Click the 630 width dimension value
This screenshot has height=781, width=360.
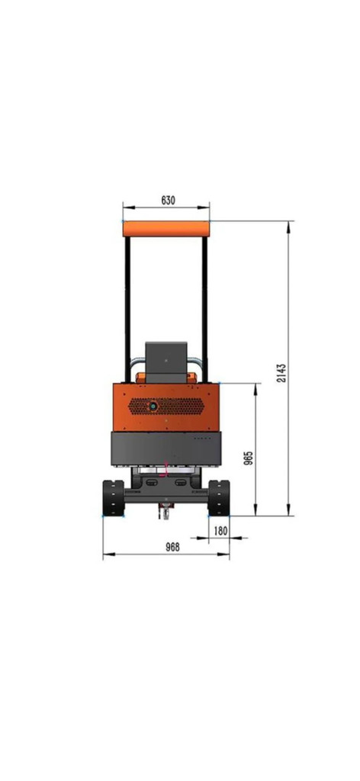point(169,201)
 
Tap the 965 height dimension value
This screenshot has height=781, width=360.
point(249,458)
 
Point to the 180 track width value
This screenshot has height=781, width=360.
point(220,531)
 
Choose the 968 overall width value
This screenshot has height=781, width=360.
point(172,547)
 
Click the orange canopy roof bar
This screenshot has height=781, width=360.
point(166,229)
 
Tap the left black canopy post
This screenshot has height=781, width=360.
point(128,310)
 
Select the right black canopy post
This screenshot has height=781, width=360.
point(204,310)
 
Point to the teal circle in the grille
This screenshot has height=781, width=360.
point(153,407)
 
